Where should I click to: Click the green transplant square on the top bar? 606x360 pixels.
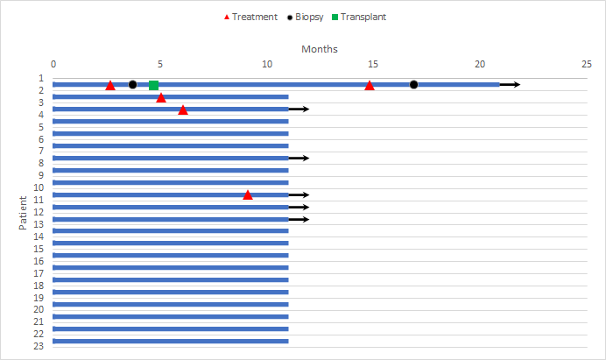tap(153, 85)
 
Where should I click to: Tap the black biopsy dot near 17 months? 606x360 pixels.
tap(413, 85)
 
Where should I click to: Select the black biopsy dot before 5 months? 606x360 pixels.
tap(132, 85)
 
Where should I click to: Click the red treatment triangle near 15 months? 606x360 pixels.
tap(370, 85)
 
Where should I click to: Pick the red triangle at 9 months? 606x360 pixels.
tap(248, 194)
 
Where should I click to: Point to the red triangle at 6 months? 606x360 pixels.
tap(183, 109)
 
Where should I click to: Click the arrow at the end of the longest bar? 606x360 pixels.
tap(511, 85)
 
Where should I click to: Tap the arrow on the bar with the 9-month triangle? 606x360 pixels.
tap(299, 194)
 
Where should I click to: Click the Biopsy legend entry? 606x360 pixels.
tap(309, 17)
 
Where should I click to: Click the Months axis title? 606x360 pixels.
tap(320, 49)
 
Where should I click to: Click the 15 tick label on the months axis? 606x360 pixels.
tap(373, 64)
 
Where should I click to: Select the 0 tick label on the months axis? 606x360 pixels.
tap(53, 64)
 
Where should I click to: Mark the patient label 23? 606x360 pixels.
tap(39, 346)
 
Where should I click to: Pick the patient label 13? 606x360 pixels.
tap(39, 224)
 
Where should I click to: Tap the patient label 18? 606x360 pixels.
tap(39, 285)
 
